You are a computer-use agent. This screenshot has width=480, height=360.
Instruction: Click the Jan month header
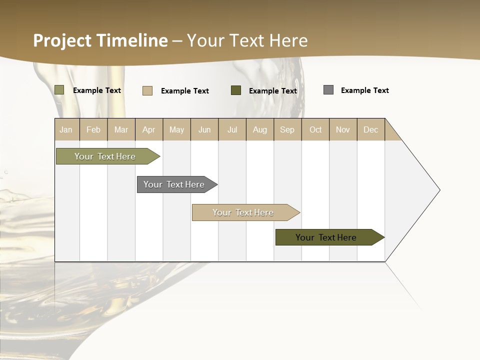[x=66, y=129]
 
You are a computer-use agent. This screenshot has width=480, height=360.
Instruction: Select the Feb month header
[x=93, y=129]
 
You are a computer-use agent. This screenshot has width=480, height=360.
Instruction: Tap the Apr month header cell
[x=149, y=129]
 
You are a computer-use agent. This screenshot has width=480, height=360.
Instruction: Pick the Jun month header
[x=204, y=129]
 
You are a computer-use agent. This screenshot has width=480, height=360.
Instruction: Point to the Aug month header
[x=260, y=129]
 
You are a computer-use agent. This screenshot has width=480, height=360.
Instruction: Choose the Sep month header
[x=287, y=129]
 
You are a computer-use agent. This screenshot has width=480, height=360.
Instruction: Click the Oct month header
[x=315, y=129]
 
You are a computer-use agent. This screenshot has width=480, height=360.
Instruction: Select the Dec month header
[x=371, y=129]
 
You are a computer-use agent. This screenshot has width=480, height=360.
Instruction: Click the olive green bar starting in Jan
[x=105, y=156]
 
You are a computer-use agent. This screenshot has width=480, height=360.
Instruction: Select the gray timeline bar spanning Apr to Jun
[x=174, y=184]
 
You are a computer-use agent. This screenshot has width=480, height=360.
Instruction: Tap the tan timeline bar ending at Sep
[x=243, y=212]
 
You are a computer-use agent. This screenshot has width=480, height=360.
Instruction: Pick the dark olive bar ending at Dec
[x=326, y=237]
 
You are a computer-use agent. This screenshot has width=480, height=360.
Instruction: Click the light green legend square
[x=59, y=90]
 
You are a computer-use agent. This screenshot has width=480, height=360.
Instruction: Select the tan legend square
[x=147, y=90]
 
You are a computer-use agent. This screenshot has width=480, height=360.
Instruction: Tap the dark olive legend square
[x=236, y=90]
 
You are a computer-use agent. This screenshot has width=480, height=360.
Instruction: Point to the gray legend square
[x=328, y=90]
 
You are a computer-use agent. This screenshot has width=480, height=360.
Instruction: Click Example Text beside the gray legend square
[x=364, y=90]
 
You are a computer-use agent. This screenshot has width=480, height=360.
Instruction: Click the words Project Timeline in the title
[x=100, y=40]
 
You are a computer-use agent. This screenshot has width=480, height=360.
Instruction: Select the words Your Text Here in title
[x=247, y=40]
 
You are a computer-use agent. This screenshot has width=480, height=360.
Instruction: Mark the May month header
[x=176, y=129]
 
